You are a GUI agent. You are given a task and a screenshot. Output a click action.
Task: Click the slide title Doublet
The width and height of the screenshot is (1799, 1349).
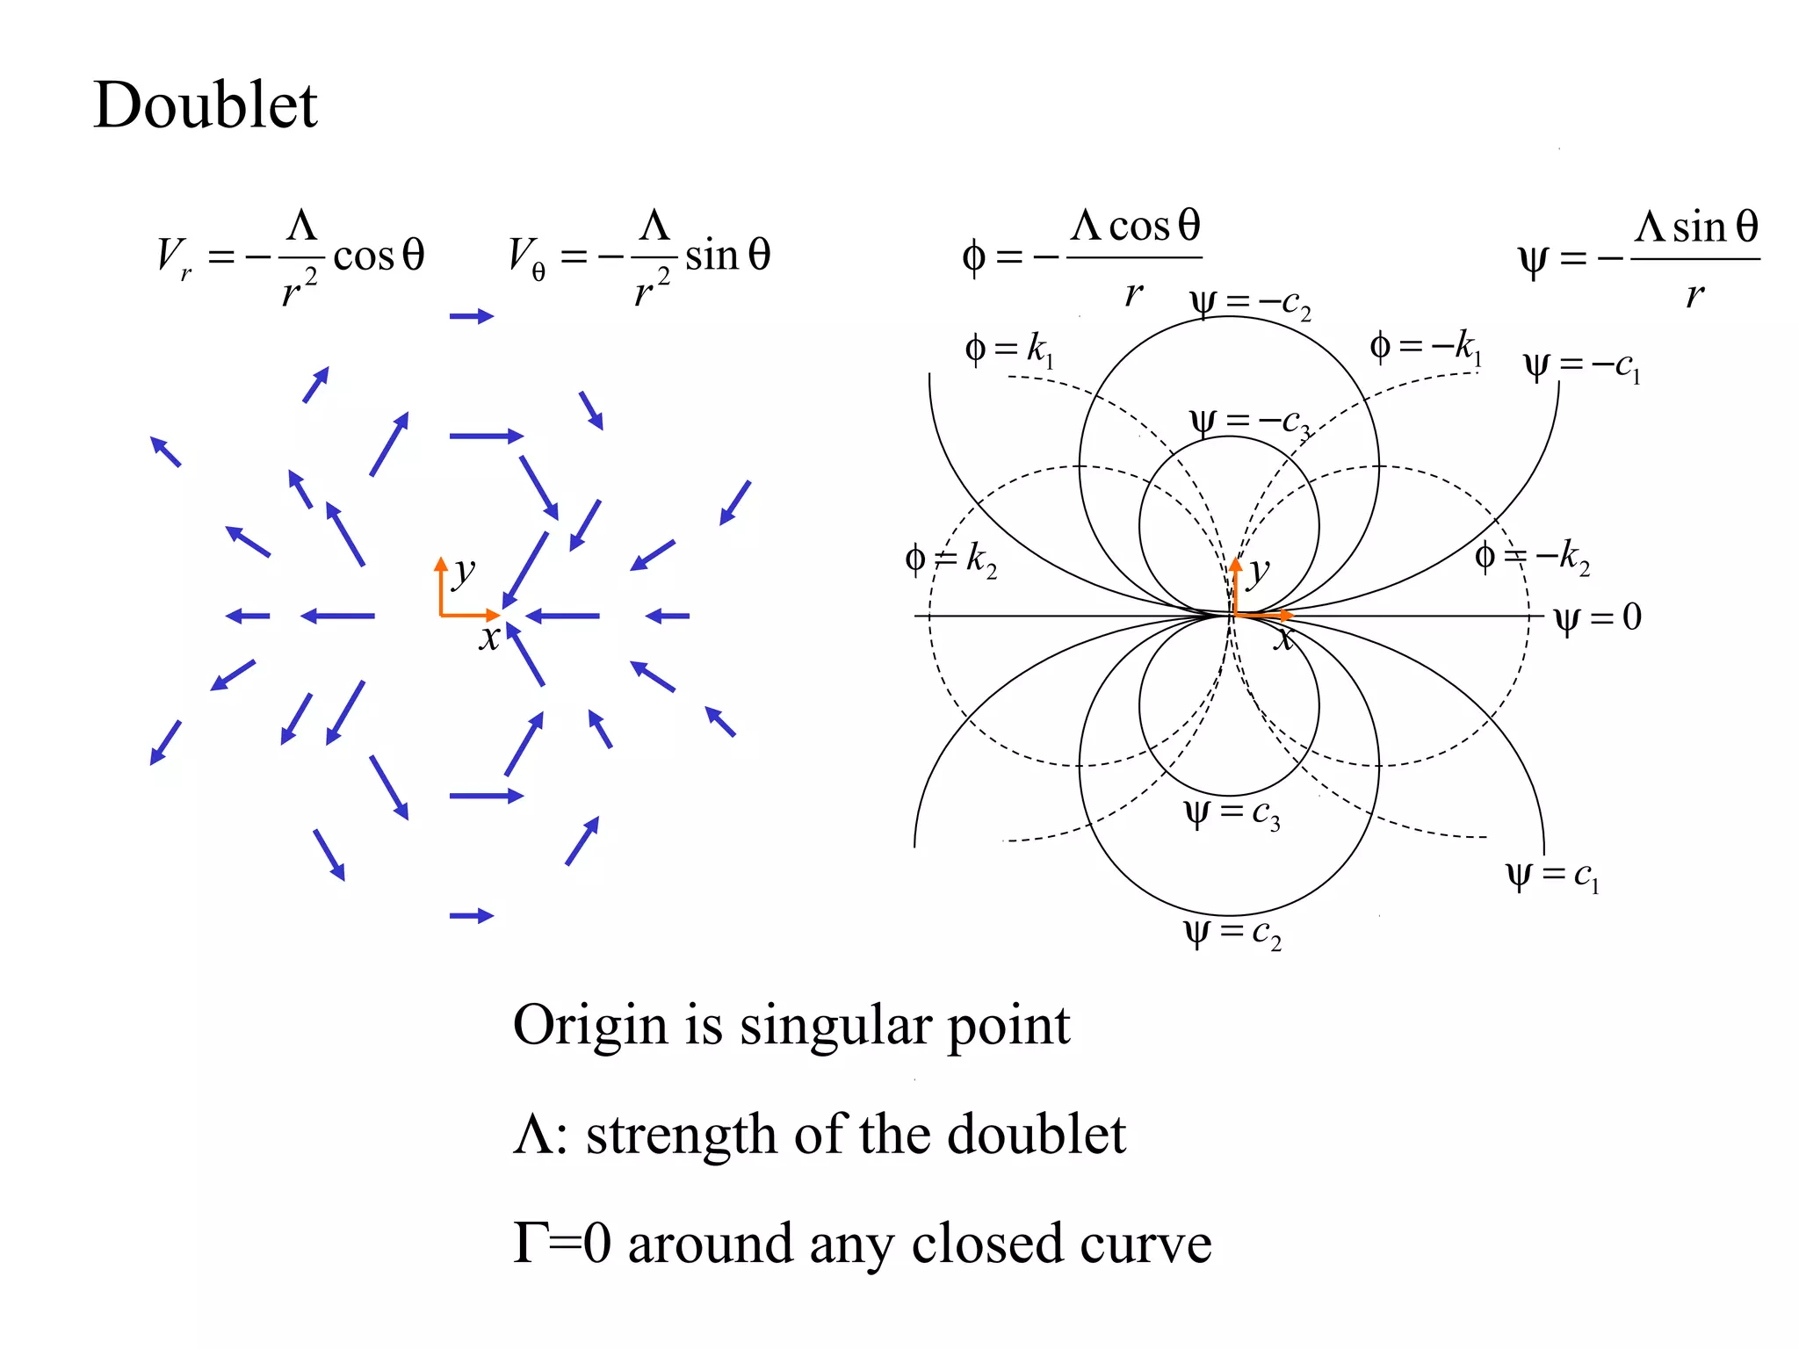click(205, 105)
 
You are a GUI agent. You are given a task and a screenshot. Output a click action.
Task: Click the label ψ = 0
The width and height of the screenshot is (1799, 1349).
click(1597, 617)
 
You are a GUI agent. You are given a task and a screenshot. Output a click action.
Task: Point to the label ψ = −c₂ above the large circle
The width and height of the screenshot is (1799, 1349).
click(1249, 304)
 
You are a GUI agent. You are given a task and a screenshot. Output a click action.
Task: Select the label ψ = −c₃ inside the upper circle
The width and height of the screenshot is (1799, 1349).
click(1249, 422)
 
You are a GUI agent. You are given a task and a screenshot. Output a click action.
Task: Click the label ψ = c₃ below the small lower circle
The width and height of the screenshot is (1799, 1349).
click(1232, 813)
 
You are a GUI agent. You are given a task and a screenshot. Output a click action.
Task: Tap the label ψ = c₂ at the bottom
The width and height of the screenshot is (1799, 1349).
click(1232, 933)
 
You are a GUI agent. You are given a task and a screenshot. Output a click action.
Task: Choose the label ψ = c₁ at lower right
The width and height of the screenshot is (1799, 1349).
click(1552, 875)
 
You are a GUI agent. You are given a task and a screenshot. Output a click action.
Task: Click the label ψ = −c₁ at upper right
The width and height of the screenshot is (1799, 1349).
click(1581, 365)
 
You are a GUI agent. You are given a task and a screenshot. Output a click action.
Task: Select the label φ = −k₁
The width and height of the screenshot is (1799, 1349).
click(1425, 347)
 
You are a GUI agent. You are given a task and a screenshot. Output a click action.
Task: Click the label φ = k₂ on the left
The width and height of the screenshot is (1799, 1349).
click(950, 559)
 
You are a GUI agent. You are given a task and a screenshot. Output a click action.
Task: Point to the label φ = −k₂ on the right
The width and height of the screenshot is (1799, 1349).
click(1532, 557)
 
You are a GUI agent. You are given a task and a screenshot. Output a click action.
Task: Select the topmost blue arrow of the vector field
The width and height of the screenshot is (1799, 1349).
click(472, 316)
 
